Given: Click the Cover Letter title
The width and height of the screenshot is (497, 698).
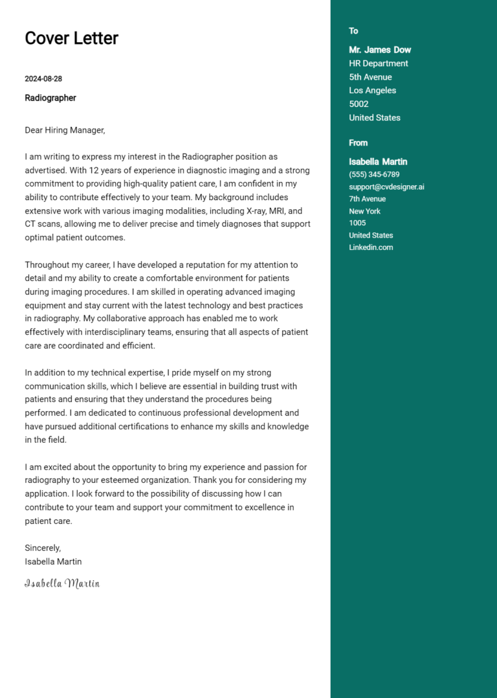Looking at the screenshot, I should coord(71,38).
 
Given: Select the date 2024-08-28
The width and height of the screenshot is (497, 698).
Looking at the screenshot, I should coord(43,79).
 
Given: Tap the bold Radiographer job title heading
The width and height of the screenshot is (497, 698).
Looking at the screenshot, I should coord(50,98).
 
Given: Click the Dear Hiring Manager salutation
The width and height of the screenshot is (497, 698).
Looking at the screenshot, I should coord(65,130).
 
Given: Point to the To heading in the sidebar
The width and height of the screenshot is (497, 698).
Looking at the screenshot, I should coord(353,31).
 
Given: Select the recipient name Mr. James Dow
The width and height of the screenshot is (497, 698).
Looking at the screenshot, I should coord(380,50).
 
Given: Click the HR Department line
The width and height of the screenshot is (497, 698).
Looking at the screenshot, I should coord(379,63).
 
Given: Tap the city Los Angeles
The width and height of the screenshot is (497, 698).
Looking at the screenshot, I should coord(372,91).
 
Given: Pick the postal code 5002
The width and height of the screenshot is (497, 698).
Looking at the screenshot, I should coord(359,104).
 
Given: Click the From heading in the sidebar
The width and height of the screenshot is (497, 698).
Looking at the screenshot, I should coord(358,143).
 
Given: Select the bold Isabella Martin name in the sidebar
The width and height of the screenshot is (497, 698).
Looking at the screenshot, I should coord(378,162).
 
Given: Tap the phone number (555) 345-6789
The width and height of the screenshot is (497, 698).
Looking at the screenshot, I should coord(374,175).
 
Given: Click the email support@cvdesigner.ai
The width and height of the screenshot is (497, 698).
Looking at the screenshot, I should coord(386,187).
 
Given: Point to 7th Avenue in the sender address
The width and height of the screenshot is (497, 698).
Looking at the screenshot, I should coord(367,199).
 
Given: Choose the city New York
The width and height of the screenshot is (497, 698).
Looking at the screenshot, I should coord(364,211).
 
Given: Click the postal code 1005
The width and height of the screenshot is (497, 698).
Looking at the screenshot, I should coord(357,223).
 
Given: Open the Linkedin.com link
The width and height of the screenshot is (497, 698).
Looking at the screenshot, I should coord(371,247).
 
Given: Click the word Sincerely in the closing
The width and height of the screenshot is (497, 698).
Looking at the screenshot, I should coord(43,548).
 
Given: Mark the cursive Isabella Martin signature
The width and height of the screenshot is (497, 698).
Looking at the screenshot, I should coord(62,583).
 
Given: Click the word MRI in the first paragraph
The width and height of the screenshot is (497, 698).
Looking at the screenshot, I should coord(259,211).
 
